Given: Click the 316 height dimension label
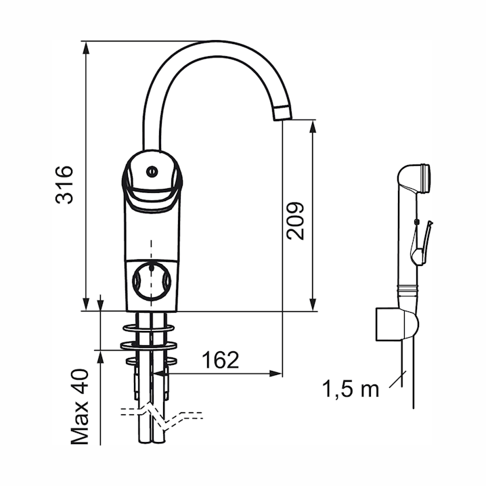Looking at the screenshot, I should point(65,183).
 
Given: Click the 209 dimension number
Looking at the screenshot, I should point(296,220).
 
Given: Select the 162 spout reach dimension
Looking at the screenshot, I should point(220,360).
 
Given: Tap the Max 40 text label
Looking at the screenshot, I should point(81,407).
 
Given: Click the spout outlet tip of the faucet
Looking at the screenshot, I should point(282,114).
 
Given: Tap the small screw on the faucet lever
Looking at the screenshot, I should point(152,171).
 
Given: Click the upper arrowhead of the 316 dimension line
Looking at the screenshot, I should point(86,46).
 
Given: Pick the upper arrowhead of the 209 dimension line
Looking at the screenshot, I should point(312,126).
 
